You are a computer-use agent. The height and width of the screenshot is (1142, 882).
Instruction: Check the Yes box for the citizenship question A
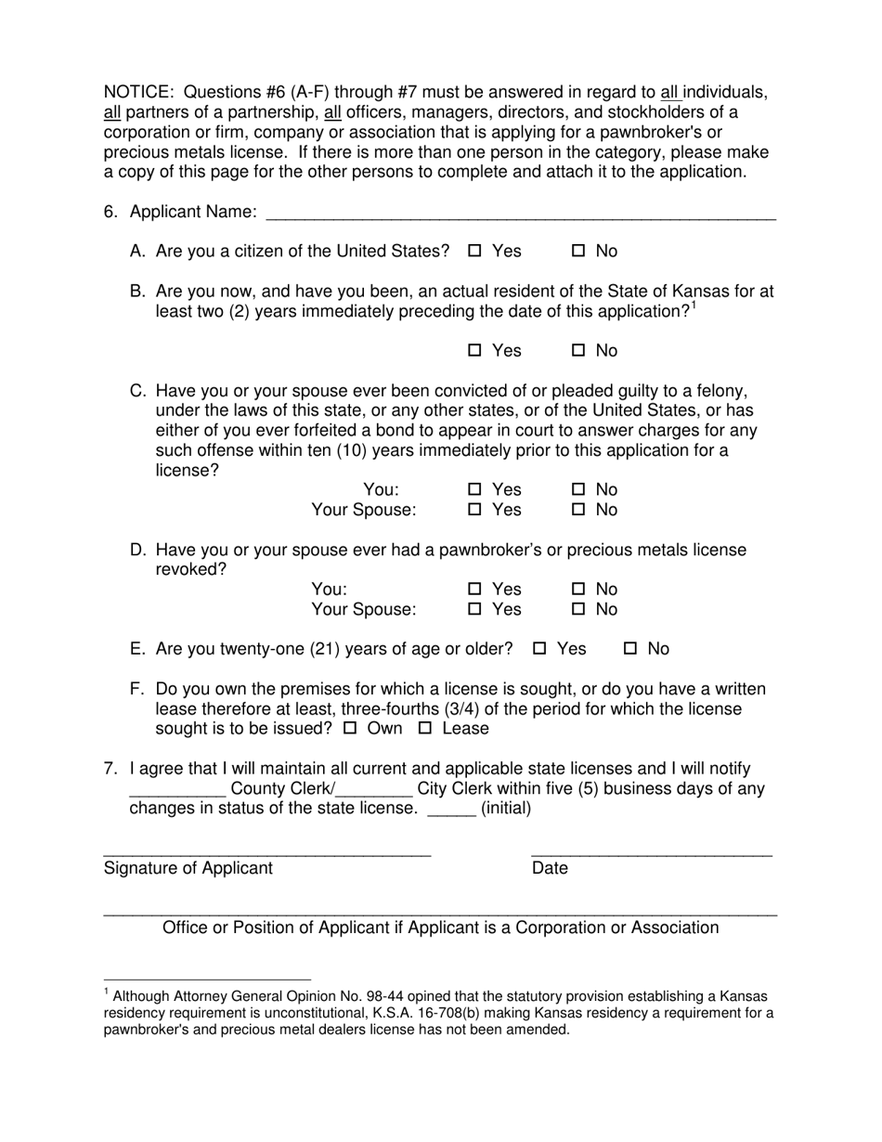coord(475,251)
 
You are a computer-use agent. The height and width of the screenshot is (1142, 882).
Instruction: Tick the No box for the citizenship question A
coord(578,251)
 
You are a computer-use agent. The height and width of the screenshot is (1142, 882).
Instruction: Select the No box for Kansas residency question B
coord(578,350)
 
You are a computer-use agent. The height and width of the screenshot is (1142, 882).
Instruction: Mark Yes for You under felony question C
coord(475,489)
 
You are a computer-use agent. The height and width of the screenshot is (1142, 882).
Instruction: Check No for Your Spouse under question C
coord(578,510)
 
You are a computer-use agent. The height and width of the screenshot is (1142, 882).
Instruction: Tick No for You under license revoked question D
coord(578,590)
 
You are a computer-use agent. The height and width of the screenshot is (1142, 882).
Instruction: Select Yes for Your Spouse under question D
coord(475,610)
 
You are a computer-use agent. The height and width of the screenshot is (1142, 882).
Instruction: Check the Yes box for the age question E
coord(540,649)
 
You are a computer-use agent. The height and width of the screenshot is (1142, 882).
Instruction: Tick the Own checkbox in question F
coord(350,729)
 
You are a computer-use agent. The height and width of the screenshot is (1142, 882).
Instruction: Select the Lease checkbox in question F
coord(425,729)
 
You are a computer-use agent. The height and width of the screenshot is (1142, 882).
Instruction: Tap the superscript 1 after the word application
coord(694,305)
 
